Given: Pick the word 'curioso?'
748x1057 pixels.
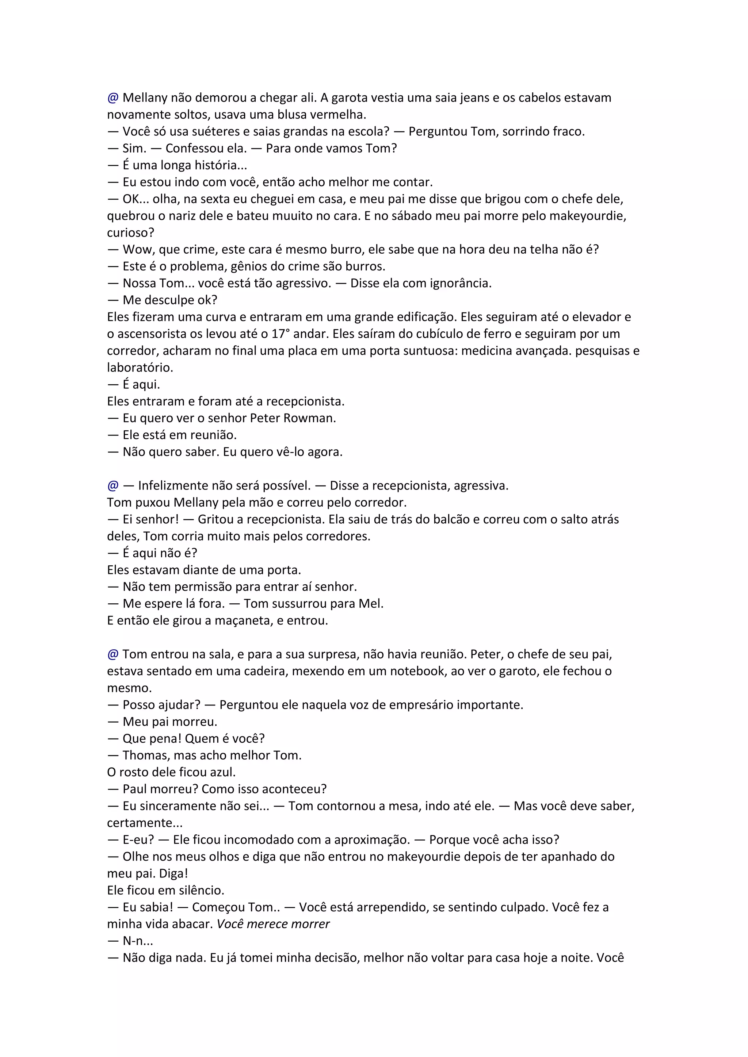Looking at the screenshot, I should click(130, 232).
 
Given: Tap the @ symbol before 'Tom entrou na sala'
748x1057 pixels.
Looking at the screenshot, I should click(113, 654).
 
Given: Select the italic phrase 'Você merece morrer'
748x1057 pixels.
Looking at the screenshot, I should click(273, 924).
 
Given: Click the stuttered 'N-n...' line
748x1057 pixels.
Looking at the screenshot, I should click(138, 941).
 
